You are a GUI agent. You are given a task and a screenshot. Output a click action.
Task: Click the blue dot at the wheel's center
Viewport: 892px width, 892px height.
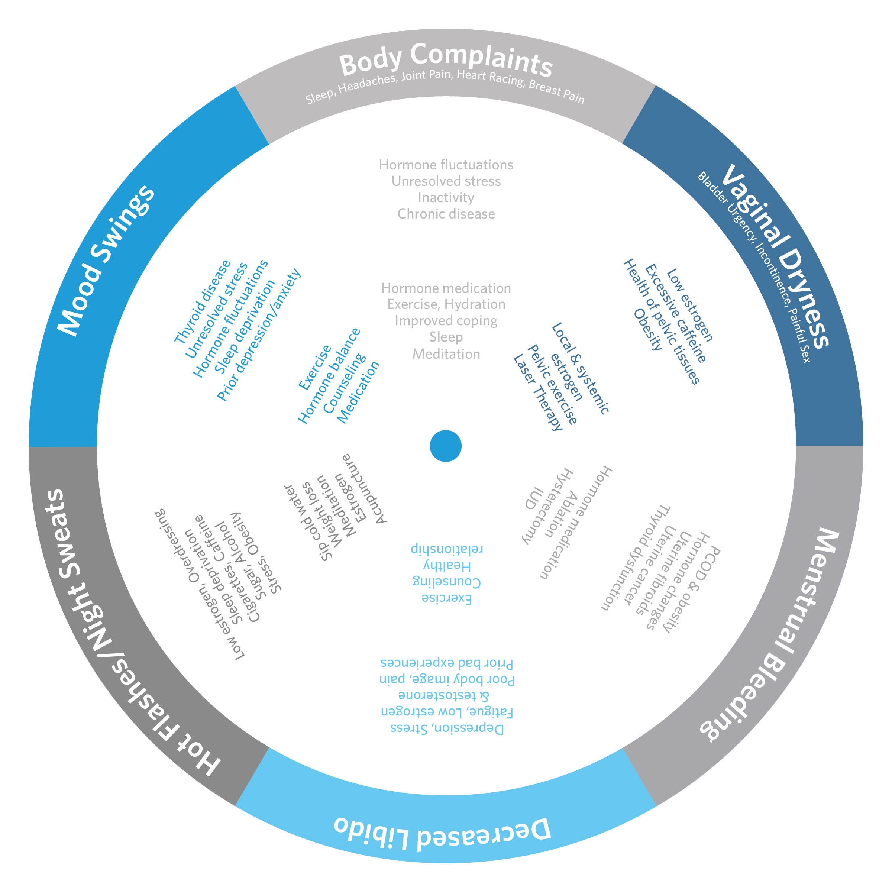coord(446,446)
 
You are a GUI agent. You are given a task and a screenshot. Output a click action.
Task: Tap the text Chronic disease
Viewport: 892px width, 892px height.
coord(446,214)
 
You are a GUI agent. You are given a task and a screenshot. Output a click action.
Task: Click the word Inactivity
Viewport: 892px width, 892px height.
coord(446,198)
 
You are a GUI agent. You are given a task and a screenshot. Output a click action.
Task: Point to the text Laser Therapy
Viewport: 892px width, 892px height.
coord(538,393)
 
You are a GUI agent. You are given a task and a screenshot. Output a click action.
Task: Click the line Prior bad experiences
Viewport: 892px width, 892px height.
coord(446,663)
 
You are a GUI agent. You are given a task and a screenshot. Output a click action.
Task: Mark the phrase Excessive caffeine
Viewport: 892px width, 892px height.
coord(675,314)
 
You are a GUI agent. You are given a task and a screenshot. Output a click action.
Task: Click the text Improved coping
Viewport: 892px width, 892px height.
coord(446,321)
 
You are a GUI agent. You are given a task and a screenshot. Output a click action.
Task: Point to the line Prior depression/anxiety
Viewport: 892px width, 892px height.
coord(259,335)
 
